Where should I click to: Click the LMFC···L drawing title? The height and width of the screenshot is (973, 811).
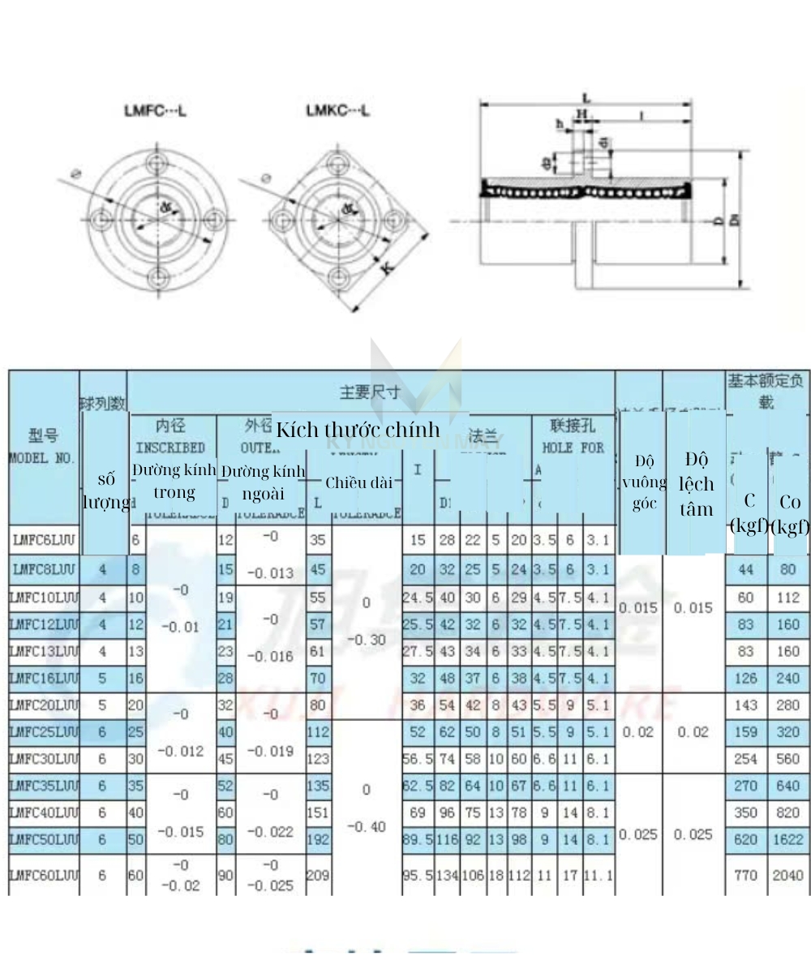(155, 110)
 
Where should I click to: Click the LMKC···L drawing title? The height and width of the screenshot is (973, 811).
(337, 110)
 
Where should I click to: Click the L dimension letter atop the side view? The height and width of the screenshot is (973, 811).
(586, 98)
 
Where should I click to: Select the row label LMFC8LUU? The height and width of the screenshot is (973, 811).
(45, 570)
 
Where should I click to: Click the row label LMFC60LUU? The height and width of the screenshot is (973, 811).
(45, 876)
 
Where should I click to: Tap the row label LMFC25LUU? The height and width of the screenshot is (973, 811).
(45, 732)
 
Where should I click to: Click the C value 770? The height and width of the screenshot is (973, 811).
(745, 876)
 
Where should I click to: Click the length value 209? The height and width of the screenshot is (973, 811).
(318, 876)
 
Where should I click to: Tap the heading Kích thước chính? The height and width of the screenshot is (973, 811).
(357, 430)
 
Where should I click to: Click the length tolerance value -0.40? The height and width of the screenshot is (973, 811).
(367, 827)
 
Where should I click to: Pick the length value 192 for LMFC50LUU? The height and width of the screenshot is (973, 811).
(318, 840)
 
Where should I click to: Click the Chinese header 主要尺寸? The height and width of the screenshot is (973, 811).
(370, 392)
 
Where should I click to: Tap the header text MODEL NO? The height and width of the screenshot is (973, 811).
(42, 458)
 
